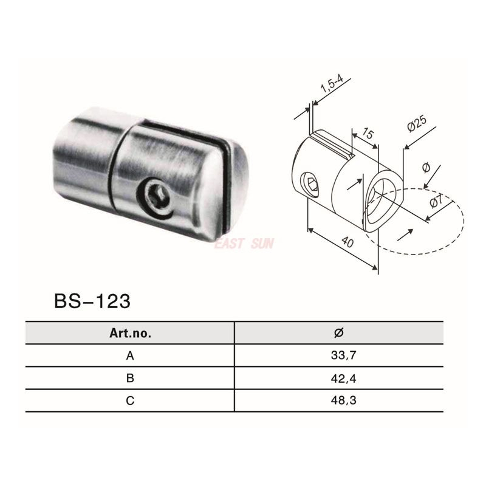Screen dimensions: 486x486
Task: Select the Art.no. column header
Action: coord(129,333)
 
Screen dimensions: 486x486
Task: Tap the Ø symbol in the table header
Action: coord(339,332)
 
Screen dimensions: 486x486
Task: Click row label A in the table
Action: coord(129,356)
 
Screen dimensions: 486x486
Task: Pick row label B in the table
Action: coord(129,378)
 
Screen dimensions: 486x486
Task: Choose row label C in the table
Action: coord(129,400)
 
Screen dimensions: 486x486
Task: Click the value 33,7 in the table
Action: coord(339,356)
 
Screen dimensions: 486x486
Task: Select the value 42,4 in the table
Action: coord(339,378)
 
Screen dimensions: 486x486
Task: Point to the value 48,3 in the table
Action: coord(339,400)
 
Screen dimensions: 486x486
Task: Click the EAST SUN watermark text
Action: coord(244,244)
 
